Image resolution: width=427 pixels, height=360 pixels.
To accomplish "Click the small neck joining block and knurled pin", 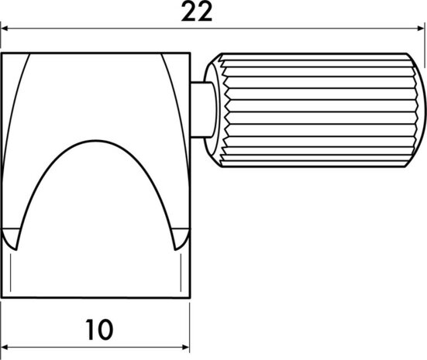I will click(199, 110).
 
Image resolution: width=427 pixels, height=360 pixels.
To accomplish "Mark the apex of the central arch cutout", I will click(95, 142).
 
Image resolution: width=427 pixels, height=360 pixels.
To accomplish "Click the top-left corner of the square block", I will click(2, 54).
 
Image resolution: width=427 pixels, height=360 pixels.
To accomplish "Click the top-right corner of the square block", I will click(190, 54).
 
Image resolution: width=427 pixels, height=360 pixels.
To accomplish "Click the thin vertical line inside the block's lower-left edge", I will click(12, 271).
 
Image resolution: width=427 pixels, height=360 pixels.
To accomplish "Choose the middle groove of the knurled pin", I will click(318, 110).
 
